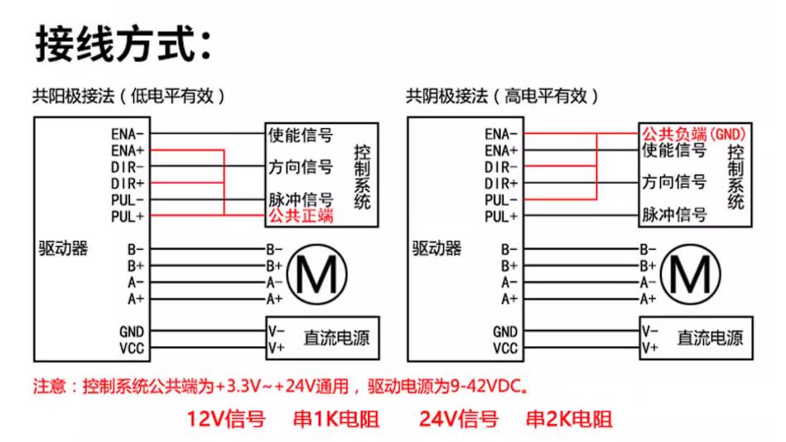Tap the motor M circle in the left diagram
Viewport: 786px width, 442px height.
click(288, 275)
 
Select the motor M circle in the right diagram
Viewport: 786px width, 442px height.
click(662, 275)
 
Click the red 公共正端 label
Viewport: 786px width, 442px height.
click(301, 216)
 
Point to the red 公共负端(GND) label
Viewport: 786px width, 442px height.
click(694, 134)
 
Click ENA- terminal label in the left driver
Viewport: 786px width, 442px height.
click(128, 134)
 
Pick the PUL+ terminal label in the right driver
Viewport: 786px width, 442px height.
click(501, 217)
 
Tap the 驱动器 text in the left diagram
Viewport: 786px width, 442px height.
click(63, 248)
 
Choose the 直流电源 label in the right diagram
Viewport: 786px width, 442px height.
click(710, 338)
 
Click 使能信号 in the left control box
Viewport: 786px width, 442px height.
click(301, 135)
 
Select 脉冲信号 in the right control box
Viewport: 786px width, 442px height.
click(674, 214)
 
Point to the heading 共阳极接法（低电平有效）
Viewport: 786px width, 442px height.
click(129, 96)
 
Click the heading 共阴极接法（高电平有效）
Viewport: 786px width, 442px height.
click(502, 96)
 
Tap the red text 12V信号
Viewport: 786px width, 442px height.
click(226, 419)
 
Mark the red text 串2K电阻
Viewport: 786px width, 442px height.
click(570, 419)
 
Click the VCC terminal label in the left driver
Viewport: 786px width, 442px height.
click(132, 348)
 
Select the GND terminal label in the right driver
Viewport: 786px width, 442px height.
click(504, 332)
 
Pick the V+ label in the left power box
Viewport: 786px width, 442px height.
click(276, 348)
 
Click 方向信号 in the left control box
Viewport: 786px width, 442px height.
click(301, 167)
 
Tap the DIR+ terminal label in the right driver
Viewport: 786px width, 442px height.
click(501, 184)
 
